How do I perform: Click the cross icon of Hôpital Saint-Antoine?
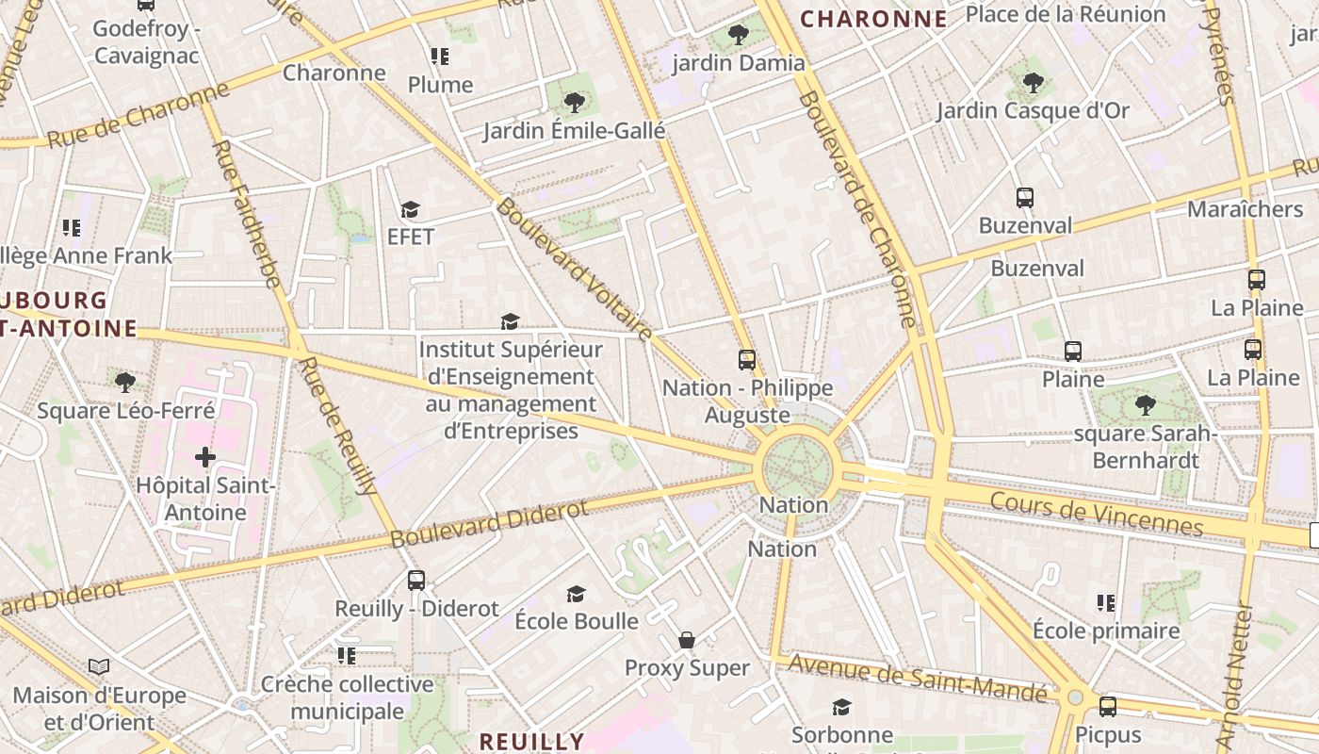click(x=205, y=458)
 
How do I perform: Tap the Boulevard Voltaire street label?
click(x=575, y=270)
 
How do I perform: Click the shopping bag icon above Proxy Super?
click(x=687, y=641)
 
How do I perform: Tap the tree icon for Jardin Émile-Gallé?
click(x=573, y=102)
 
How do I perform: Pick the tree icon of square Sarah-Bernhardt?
click(x=1145, y=405)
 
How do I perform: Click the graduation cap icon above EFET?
click(x=410, y=209)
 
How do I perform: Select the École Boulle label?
click(x=577, y=621)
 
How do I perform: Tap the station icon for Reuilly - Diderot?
click(x=416, y=581)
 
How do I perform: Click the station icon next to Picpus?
click(x=1108, y=706)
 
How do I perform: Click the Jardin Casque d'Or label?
click(x=1033, y=110)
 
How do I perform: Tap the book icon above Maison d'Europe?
click(x=99, y=667)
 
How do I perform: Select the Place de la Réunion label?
click(x=1066, y=14)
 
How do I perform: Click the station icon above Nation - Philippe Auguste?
click(x=747, y=360)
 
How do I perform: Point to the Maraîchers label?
click(x=1245, y=208)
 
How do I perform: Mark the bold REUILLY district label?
click(x=531, y=741)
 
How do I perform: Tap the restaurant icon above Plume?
click(x=439, y=57)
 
